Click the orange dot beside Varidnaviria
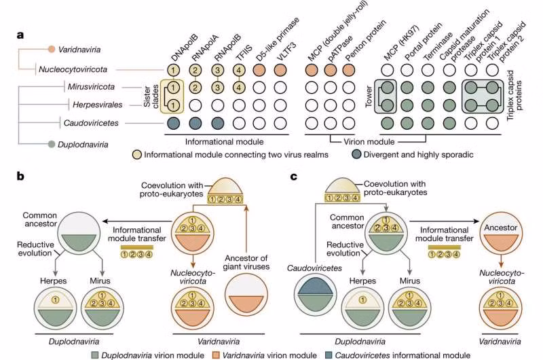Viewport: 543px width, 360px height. pyautogui.click(x=52, y=50)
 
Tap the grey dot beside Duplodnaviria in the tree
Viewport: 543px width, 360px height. pyautogui.click(x=52, y=144)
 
